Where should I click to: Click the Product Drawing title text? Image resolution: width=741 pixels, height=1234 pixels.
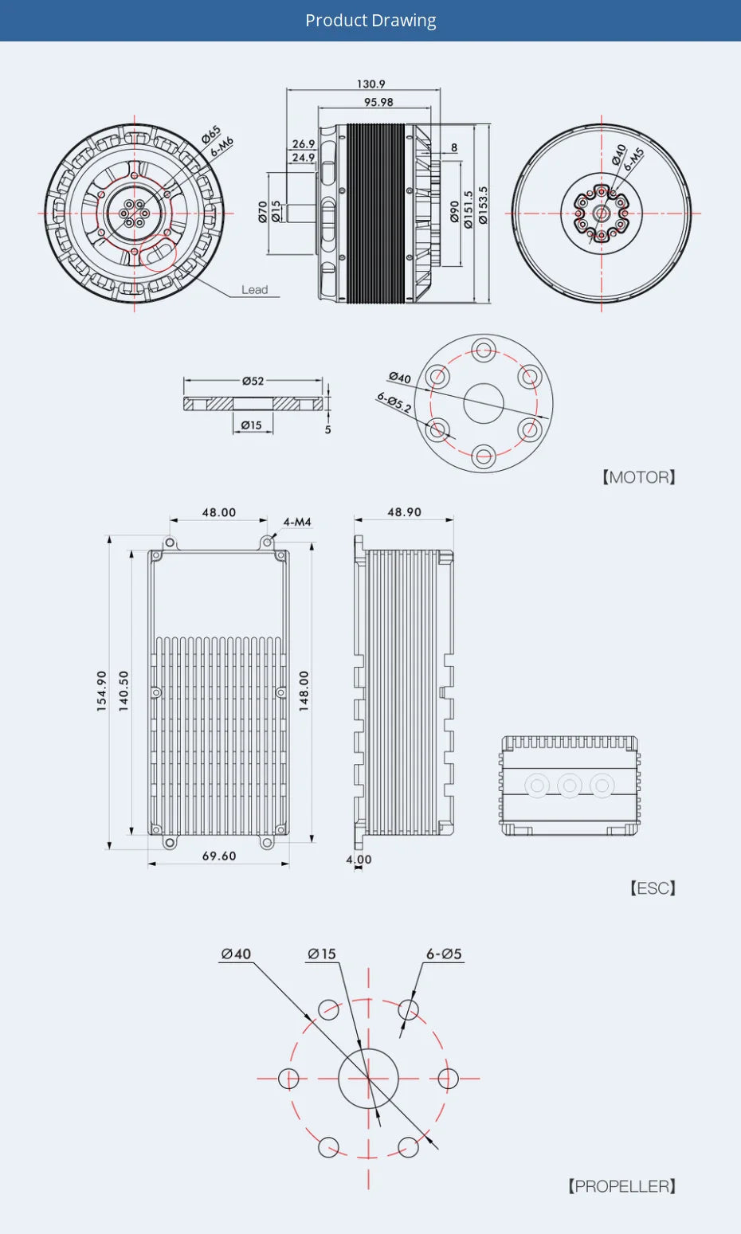tap(370, 21)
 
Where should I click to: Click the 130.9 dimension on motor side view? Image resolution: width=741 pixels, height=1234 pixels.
tap(370, 84)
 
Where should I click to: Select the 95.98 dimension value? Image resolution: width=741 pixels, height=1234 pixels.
tap(378, 102)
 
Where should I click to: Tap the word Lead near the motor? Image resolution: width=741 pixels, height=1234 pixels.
tap(255, 290)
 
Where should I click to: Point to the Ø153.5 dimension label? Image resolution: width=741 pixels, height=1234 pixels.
tap(483, 206)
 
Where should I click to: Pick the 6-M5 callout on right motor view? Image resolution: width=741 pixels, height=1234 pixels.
tap(633, 159)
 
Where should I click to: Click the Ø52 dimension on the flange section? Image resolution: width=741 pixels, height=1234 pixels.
tap(253, 381)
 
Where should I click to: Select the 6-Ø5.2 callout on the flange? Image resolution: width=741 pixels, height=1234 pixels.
tap(394, 402)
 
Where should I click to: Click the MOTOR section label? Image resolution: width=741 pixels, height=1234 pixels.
tap(638, 477)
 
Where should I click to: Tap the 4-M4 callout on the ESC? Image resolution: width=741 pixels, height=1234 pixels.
tap(297, 522)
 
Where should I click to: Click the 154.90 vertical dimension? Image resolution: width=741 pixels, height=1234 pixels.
tap(101, 691)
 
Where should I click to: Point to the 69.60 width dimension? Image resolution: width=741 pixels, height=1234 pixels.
tap(219, 856)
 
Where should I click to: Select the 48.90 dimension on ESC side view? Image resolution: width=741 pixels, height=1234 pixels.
tap(404, 512)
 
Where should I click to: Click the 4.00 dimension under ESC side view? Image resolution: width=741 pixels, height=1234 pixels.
tap(359, 859)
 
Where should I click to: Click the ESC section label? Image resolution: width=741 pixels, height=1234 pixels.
tap(653, 888)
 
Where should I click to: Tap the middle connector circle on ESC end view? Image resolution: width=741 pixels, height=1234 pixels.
tap(569, 785)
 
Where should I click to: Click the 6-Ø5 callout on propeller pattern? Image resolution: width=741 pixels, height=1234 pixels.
tap(444, 954)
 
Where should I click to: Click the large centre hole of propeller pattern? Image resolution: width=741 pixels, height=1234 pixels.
tap(368, 1079)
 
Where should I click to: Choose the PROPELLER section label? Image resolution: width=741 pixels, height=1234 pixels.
tap(622, 1186)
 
